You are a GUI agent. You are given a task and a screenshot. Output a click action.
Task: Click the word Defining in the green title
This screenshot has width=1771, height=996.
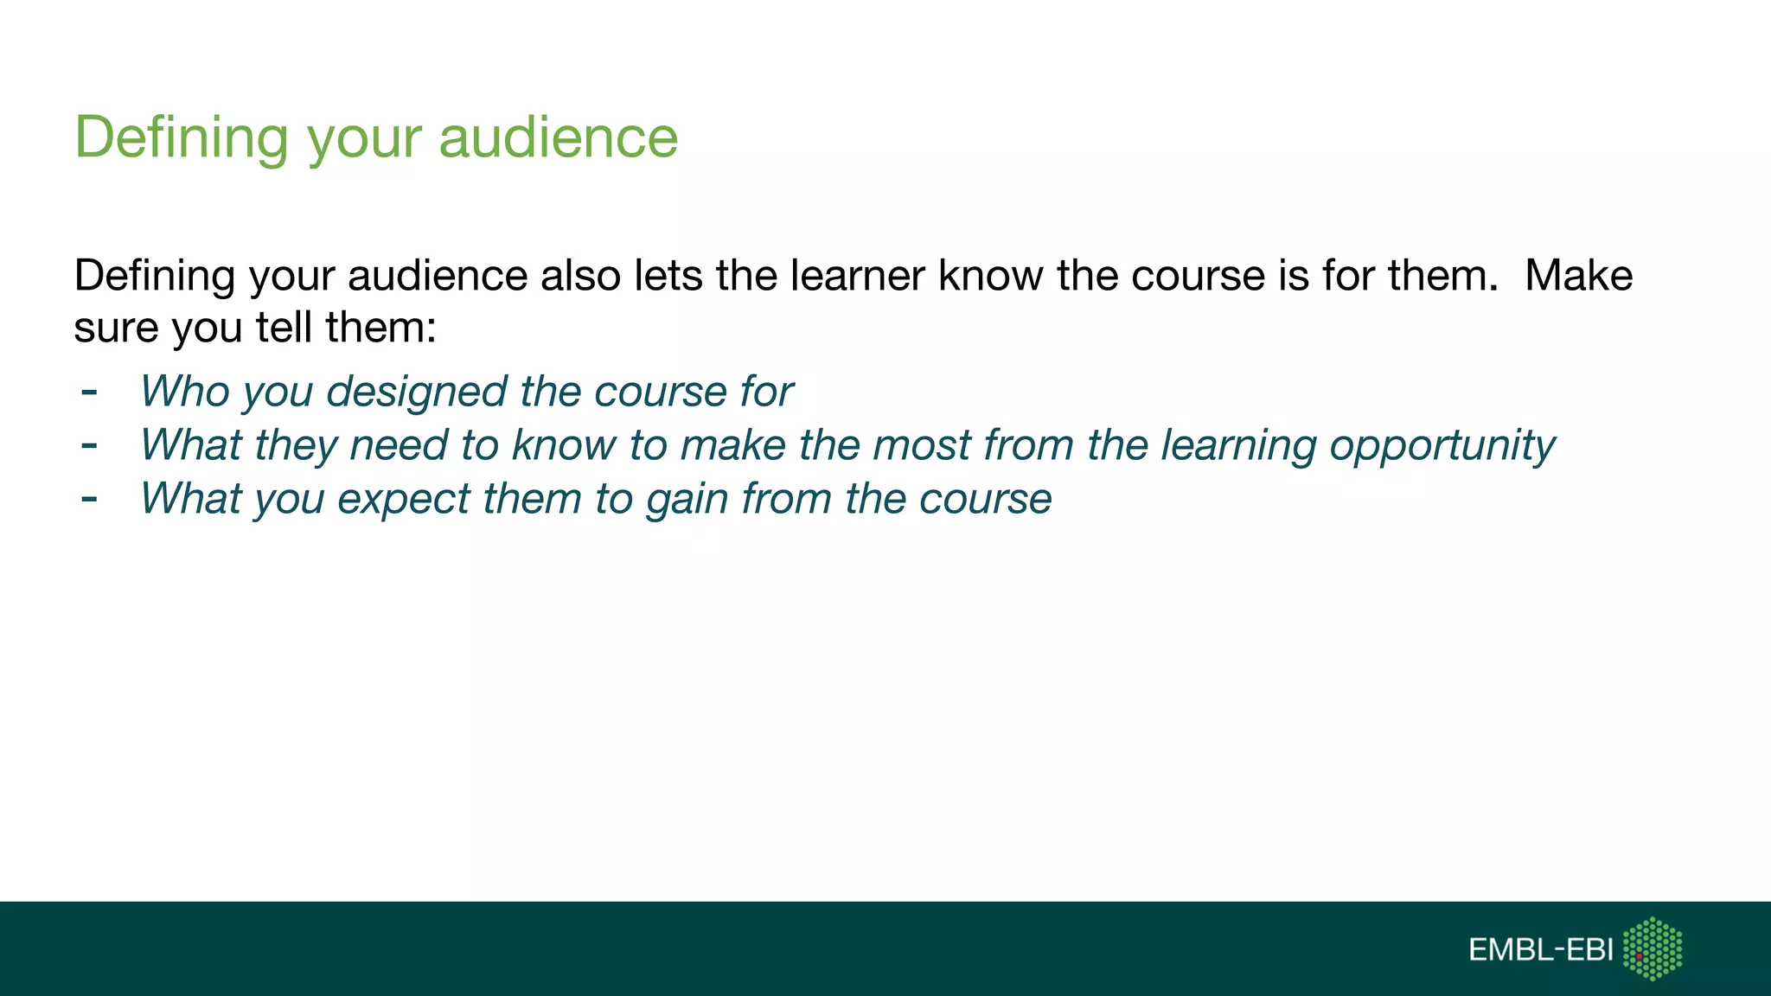182,138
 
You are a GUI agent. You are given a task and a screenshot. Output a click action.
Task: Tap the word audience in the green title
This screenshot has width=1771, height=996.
558,138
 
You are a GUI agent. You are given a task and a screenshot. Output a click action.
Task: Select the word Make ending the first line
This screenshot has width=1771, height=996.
1578,276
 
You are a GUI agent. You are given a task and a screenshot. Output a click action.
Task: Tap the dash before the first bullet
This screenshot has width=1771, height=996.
89,393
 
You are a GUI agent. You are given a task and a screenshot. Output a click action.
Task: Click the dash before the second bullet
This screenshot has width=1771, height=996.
89,446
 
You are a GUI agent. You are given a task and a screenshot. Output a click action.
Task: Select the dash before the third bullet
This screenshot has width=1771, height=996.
89,500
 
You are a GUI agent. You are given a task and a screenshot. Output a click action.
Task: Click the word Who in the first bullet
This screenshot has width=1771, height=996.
184,392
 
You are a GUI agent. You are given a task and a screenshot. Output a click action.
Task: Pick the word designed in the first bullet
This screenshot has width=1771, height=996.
416,392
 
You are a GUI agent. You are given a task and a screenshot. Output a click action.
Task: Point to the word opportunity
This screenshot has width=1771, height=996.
1442,446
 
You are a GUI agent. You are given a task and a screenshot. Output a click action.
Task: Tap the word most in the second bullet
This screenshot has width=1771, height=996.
922,445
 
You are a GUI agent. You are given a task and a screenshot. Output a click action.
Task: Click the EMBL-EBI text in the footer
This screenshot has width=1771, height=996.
1540,950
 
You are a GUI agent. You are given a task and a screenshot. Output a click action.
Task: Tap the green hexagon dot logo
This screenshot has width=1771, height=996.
1653,949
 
